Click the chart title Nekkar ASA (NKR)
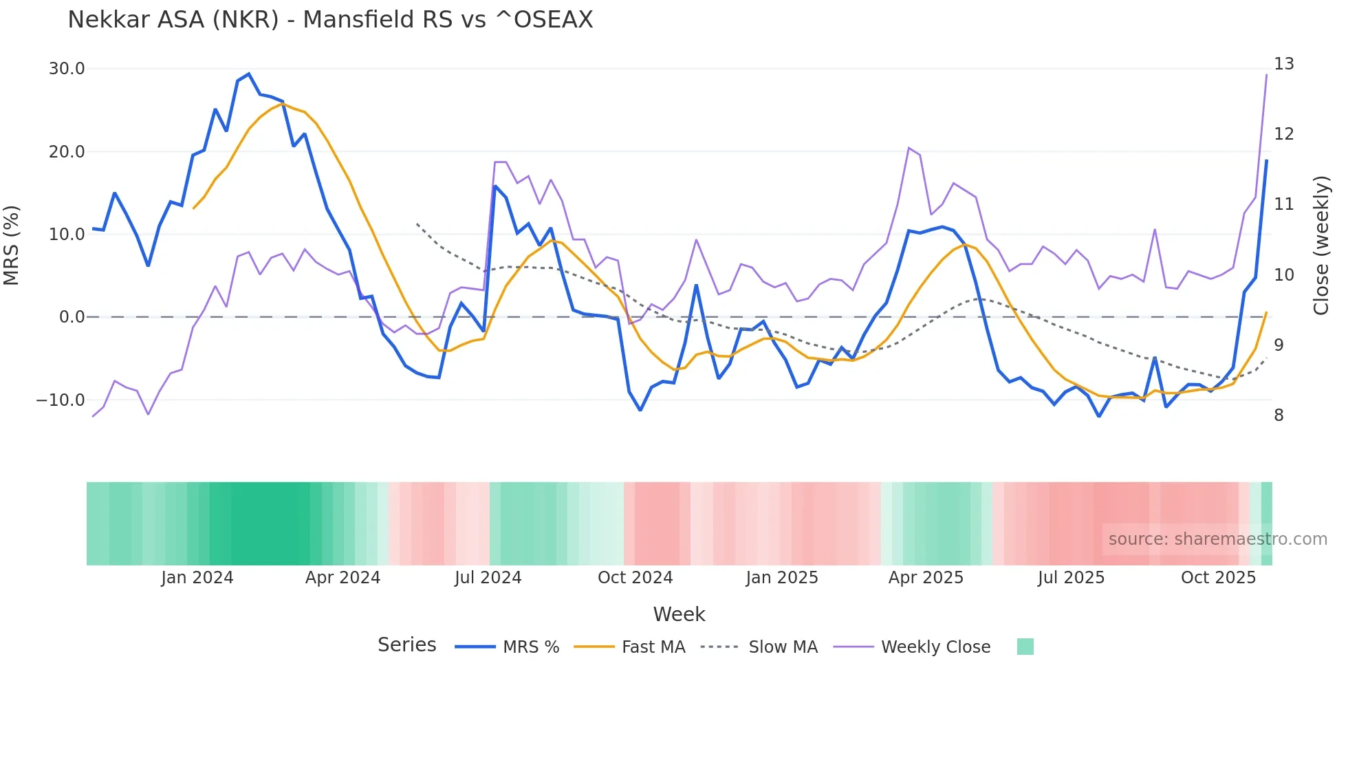pyautogui.click(x=330, y=19)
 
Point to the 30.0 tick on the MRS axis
pyautogui.click(x=67, y=69)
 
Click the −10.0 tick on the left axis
pyautogui.click(x=61, y=400)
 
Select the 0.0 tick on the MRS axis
pyautogui.click(x=72, y=317)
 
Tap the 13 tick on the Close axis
pyautogui.click(x=1283, y=64)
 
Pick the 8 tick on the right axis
pyautogui.click(x=1279, y=415)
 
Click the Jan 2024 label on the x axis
pyautogui.click(x=197, y=578)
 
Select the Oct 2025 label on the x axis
pyautogui.click(x=1218, y=578)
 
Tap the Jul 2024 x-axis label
pyautogui.click(x=488, y=578)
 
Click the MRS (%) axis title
pyautogui.click(x=12, y=245)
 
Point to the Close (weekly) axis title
pyautogui.click(x=1320, y=246)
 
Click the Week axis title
pyautogui.click(x=679, y=614)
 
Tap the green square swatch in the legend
pyautogui.click(x=1025, y=647)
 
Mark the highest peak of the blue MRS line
pyautogui.click(x=249, y=74)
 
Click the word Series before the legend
pyautogui.click(x=406, y=645)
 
